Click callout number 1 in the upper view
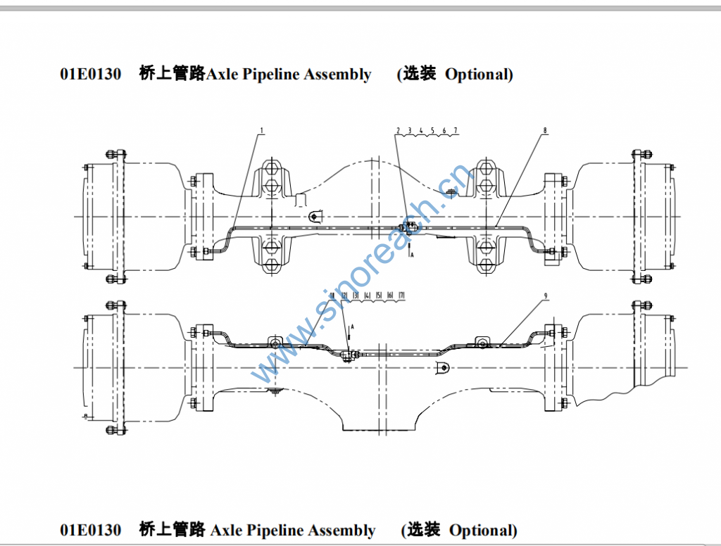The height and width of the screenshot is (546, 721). [261, 130]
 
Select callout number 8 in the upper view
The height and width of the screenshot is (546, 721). [544, 130]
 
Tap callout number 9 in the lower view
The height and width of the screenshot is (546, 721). [544, 296]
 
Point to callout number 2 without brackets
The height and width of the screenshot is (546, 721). [398, 130]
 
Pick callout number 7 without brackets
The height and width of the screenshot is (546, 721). [456, 130]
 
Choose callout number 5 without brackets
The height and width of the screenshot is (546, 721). [432, 130]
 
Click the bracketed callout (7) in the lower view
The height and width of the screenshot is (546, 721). [401, 295]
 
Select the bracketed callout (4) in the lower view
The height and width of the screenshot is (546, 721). [368, 295]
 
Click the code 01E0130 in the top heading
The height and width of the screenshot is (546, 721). [90, 74]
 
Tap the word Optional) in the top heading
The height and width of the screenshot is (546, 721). [479, 74]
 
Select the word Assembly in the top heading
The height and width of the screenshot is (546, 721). [337, 74]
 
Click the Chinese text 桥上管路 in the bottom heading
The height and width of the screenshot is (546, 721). [172, 530]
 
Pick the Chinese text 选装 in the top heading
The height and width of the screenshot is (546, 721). [420, 74]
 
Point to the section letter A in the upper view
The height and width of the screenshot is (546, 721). [412, 257]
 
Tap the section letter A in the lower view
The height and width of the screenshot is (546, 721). [352, 327]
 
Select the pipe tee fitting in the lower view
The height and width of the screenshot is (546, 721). [347, 355]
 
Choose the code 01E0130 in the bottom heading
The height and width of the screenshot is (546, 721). [90, 530]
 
